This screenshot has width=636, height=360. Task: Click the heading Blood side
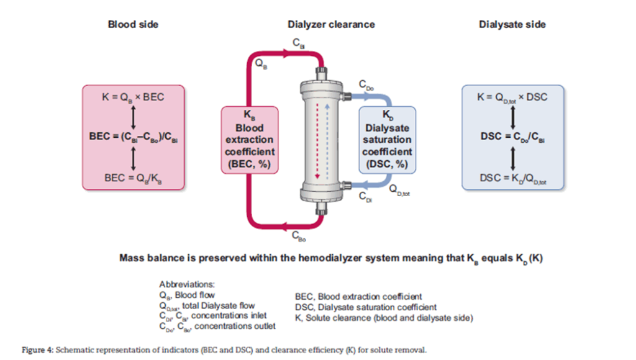pos(133,25)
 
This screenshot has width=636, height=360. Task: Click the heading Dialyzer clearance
pos(331,25)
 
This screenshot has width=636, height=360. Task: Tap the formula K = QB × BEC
pos(134,97)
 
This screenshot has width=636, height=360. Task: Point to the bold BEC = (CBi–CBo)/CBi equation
pos(134,136)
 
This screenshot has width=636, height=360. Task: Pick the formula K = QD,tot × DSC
pos(513,97)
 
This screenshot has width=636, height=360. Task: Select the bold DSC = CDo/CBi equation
pos(513,137)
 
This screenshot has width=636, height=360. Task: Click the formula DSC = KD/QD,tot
pos(513,177)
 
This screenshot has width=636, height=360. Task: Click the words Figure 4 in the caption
pos(37,349)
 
